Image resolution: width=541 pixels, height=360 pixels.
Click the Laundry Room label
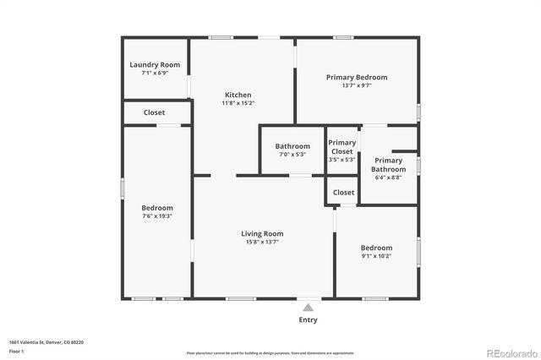click(x=155, y=65)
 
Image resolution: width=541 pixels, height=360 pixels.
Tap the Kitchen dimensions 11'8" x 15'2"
click(x=238, y=103)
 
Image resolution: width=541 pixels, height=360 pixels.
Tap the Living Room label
click(x=262, y=233)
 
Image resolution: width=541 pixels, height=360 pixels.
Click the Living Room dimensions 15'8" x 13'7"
click(x=262, y=243)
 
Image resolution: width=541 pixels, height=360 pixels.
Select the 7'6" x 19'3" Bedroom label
click(x=157, y=208)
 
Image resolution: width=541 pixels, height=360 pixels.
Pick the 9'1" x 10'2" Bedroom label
click(x=376, y=248)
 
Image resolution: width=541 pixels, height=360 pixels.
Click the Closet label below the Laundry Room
click(x=155, y=112)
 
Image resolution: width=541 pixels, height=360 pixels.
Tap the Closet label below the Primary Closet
click(x=344, y=193)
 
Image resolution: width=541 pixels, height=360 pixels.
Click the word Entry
click(x=309, y=320)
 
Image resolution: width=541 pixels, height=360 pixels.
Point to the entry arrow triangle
click(x=309, y=308)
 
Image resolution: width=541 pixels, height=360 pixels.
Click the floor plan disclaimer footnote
click(x=270, y=352)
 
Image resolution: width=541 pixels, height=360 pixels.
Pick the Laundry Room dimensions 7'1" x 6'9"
click(x=155, y=74)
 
